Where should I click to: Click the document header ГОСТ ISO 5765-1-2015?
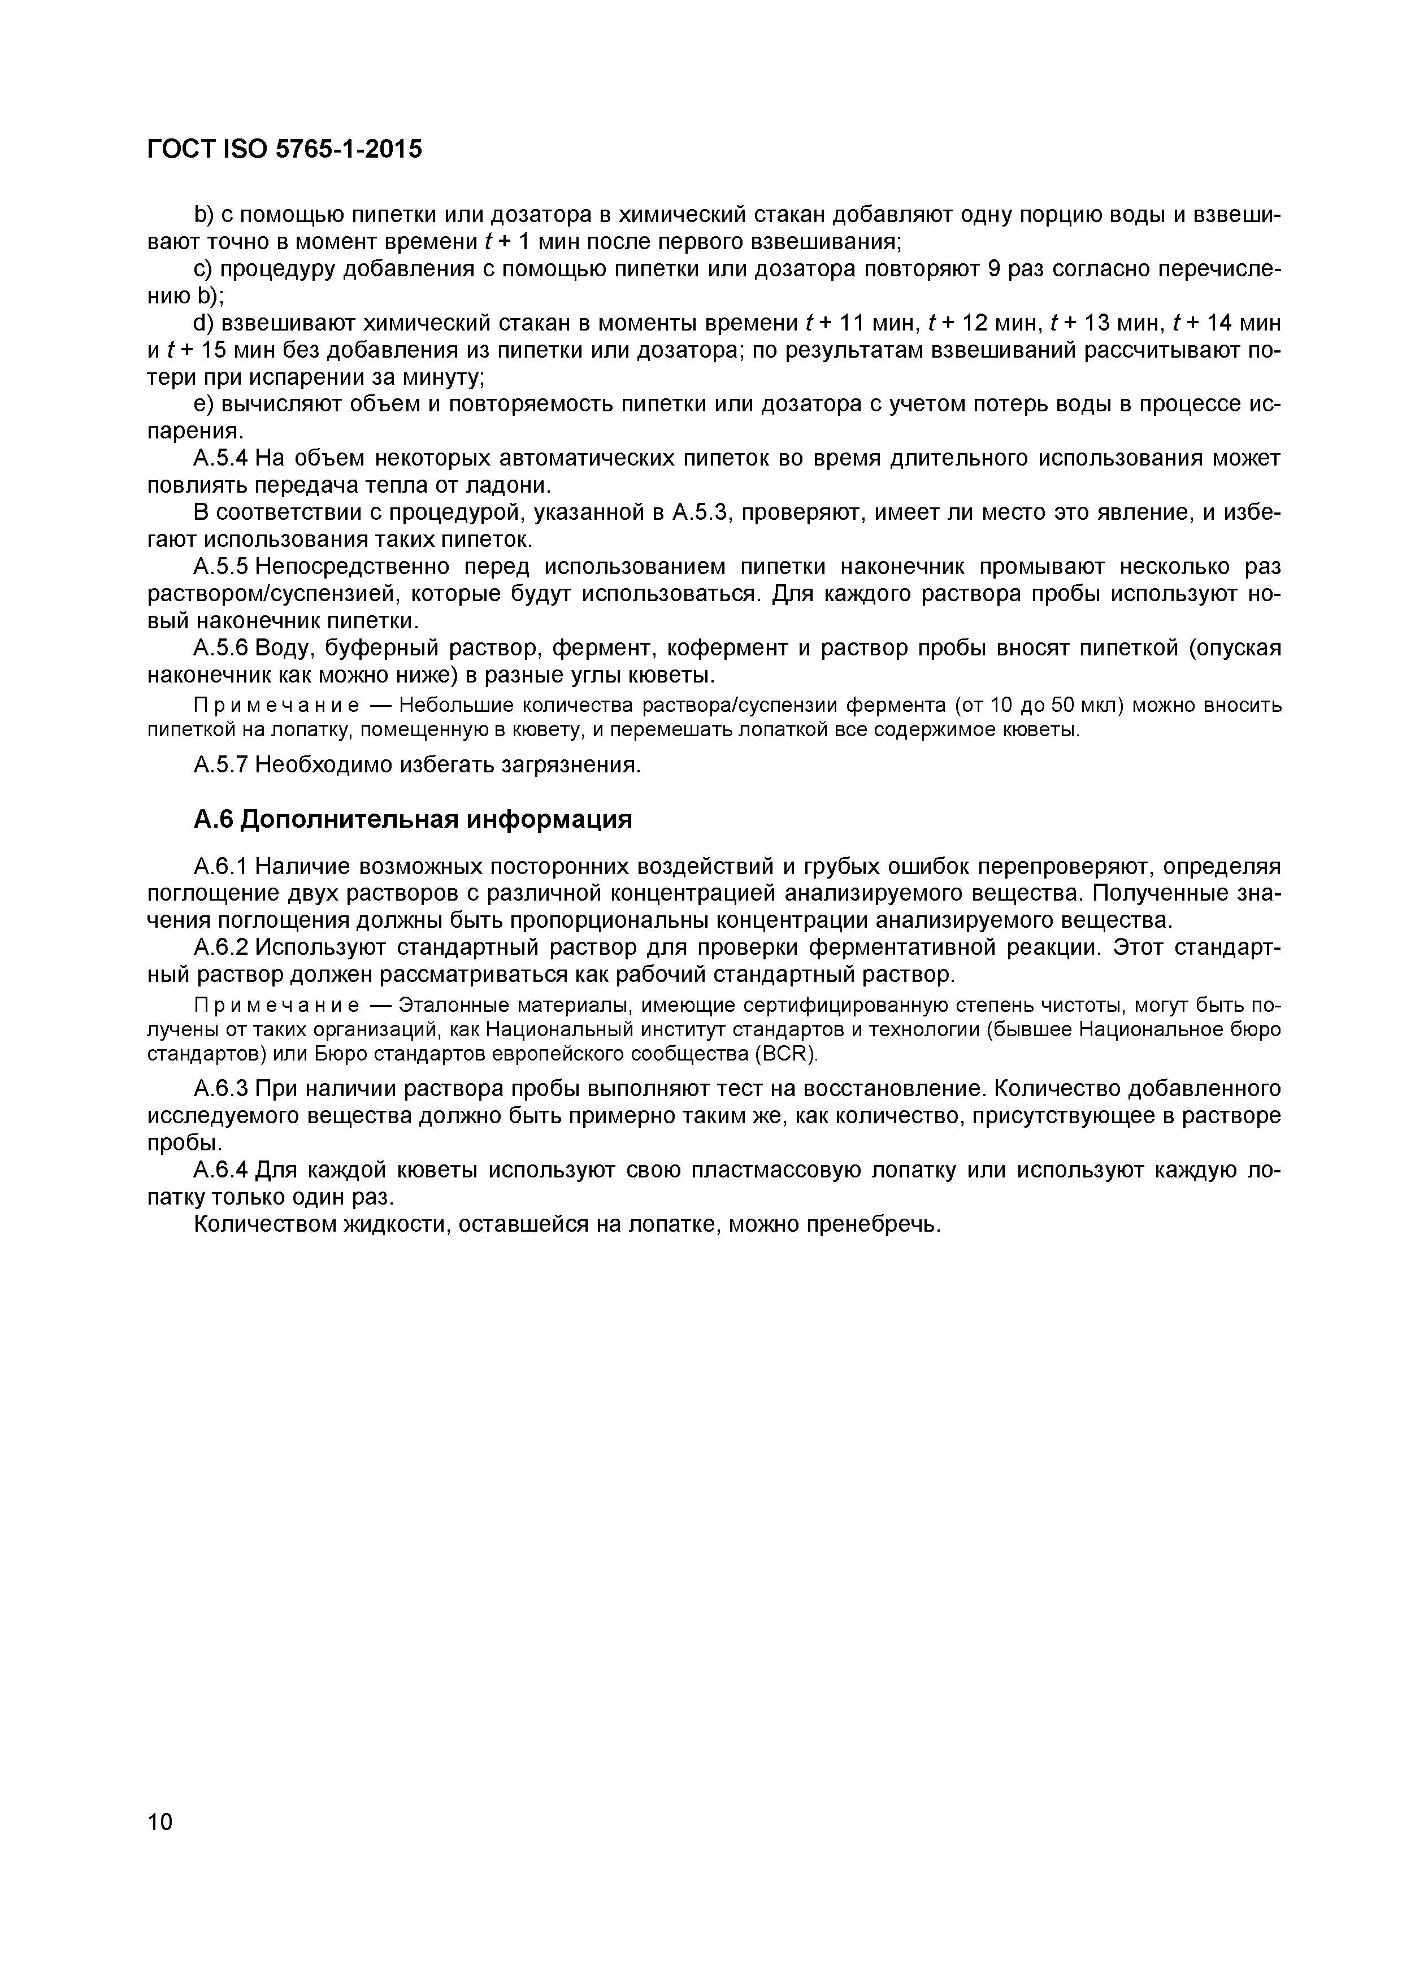click(285, 149)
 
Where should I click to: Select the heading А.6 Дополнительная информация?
click(413, 819)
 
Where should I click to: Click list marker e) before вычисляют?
click(204, 404)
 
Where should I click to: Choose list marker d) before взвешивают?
click(204, 323)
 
